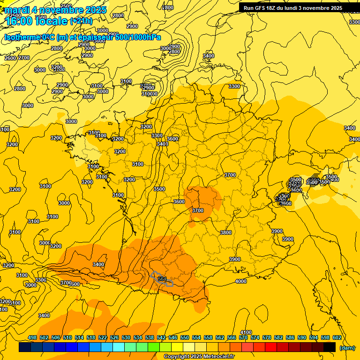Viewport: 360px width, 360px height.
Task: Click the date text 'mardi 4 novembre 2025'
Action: (x=55, y=10)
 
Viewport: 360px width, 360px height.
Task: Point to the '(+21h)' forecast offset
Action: (x=81, y=21)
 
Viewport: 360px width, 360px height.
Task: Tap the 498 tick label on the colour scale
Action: (x=32, y=337)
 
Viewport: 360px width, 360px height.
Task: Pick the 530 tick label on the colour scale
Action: (x=126, y=337)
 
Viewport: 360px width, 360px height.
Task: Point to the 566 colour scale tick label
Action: (x=232, y=337)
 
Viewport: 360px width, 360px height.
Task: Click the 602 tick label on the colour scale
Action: (x=337, y=337)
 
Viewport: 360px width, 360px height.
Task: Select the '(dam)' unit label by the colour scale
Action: (x=347, y=348)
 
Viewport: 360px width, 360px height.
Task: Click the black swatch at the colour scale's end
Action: (x=330, y=347)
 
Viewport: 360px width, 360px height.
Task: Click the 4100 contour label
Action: (x=246, y=332)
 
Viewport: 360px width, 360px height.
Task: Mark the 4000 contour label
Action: (x=241, y=281)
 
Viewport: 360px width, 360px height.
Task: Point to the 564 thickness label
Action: (x=163, y=279)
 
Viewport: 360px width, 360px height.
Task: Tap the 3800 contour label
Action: (x=226, y=232)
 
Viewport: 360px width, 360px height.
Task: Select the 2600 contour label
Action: (x=10, y=58)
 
